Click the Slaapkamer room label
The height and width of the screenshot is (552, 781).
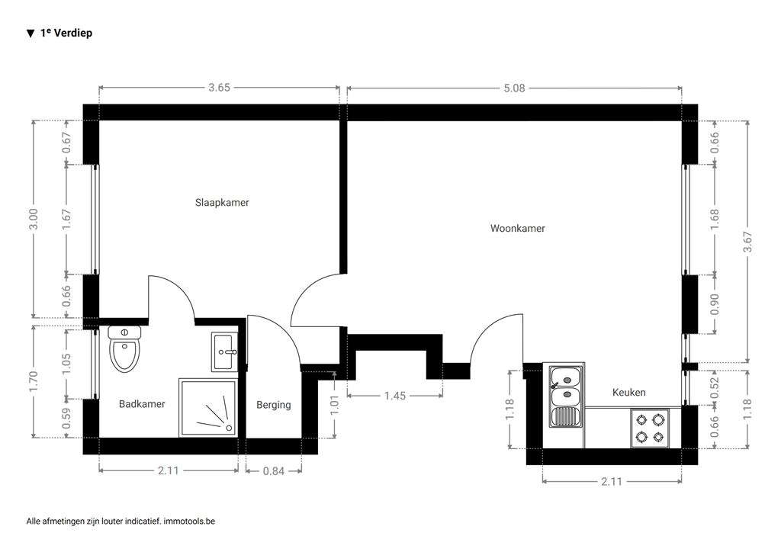click(222, 203)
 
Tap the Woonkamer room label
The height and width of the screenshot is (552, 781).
click(518, 229)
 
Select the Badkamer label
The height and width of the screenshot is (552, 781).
click(142, 404)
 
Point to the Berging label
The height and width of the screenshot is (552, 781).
click(274, 405)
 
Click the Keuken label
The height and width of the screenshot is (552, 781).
click(629, 392)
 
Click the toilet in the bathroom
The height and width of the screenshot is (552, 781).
click(124, 349)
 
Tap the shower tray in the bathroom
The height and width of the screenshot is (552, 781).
click(208, 408)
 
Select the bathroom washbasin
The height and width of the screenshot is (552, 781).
click(225, 352)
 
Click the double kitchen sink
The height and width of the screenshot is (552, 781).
click(566, 396)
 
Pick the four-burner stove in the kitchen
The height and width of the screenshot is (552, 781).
click(650, 428)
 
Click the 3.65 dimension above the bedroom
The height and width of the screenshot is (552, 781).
click(219, 88)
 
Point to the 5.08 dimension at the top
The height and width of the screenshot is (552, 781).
click(514, 88)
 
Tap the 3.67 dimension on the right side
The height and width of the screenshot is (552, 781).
click(747, 242)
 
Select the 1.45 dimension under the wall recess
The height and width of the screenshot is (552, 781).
click(395, 396)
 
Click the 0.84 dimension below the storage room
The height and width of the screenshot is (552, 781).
click(274, 471)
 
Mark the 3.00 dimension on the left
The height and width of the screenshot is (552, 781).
click(34, 219)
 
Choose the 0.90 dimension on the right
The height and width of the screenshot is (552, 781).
click(714, 304)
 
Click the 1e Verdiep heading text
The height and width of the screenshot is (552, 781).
click(66, 33)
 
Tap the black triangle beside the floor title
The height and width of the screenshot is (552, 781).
click(31, 34)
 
